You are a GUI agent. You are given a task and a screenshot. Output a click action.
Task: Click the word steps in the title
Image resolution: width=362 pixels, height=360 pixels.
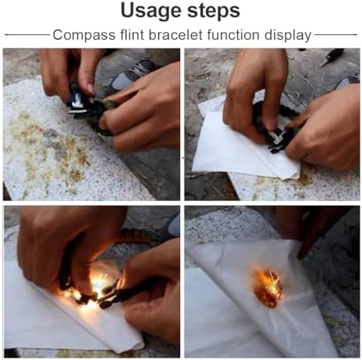[x=214, y=12]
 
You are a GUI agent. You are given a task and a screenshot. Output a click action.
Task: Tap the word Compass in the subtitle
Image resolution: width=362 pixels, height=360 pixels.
[x=84, y=35]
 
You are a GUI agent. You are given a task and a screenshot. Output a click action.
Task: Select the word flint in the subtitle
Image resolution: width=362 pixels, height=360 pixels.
[x=132, y=34]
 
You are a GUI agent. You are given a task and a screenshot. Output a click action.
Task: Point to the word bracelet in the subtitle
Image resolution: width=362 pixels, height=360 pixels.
[x=176, y=34]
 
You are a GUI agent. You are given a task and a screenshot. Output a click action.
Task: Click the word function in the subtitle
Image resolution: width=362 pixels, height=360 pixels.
[x=233, y=34]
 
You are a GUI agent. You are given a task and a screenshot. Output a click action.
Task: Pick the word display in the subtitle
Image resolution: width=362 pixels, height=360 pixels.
[x=288, y=36]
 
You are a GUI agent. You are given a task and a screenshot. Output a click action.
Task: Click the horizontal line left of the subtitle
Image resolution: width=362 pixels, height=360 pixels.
[x=27, y=34]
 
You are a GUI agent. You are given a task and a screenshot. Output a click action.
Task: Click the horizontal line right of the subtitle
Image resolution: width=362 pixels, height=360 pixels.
[x=336, y=34]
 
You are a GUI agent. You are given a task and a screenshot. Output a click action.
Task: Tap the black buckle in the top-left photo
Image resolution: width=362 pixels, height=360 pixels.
[x=78, y=101]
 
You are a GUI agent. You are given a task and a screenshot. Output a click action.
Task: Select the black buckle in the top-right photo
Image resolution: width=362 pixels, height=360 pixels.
[x=276, y=139]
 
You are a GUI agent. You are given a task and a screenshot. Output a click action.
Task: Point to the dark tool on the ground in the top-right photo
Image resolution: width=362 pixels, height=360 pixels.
[x=332, y=56]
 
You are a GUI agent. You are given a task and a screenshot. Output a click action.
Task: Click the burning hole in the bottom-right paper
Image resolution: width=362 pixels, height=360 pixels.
[x=268, y=288]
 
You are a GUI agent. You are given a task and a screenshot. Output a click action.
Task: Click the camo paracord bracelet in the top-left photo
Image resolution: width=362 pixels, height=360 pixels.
[x=104, y=117]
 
